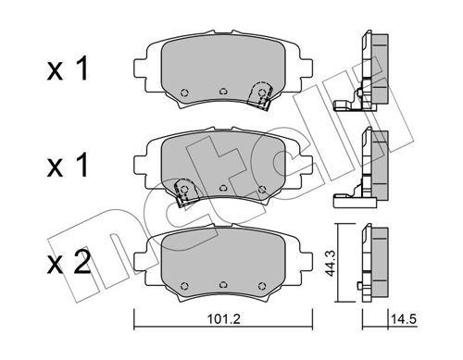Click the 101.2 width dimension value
click(223, 319)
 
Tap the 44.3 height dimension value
click(330, 263)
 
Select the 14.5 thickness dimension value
click(404, 319)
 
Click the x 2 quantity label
click(69, 263)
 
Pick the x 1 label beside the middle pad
click(68, 166)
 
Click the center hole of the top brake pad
click(223, 92)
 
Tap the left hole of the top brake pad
click(184, 93)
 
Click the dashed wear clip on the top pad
click(261, 94)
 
